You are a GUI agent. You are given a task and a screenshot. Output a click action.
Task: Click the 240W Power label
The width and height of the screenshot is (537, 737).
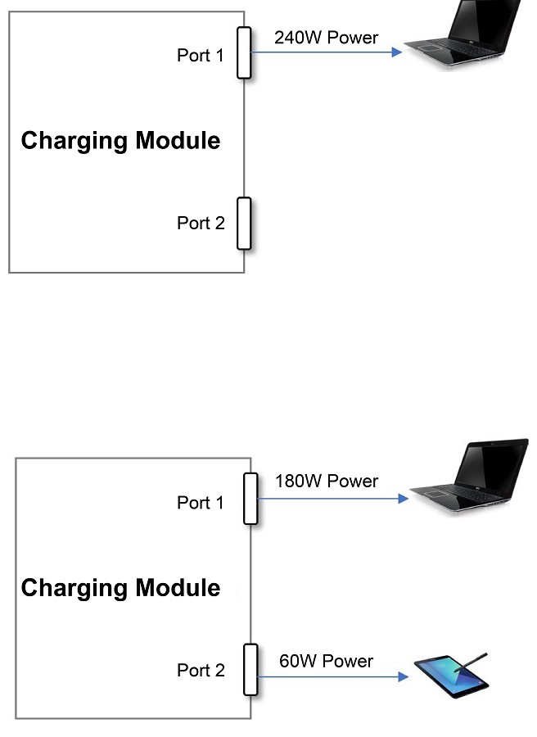click(x=326, y=38)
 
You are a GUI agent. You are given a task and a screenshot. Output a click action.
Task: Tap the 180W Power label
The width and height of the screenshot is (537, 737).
click(x=326, y=482)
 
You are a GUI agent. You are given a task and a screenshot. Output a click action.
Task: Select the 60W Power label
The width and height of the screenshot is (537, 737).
click(x=326, y=661)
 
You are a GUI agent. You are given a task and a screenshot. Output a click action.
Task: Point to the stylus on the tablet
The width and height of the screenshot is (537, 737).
click(x=472, y=663)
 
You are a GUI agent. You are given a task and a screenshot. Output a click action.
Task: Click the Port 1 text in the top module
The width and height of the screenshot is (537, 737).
click(x=200, y=56)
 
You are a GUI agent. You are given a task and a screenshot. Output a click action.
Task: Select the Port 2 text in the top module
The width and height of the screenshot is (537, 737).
click(x=201, y=223)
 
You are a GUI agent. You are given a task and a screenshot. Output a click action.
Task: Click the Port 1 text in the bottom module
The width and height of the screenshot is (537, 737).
click(x=200, y=503)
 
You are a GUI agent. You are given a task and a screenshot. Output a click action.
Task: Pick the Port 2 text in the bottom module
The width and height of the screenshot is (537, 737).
click(x=201, y=671)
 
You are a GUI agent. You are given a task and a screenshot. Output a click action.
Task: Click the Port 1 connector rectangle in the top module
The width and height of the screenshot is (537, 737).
click(x=243, y=52)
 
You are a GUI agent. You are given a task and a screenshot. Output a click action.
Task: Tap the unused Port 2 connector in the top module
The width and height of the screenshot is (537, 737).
click(x=243, y=223)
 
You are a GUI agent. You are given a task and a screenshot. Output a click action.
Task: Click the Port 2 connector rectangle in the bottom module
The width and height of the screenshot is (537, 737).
click(x=250, y=669)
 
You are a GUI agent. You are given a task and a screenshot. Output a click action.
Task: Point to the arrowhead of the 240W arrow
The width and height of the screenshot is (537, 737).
click(x=397, y=52)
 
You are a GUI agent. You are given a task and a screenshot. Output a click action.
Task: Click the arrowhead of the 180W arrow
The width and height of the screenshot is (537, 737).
click(x=403, y=498)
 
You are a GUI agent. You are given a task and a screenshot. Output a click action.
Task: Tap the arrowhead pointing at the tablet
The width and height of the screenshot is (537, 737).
click(x=403, y=677)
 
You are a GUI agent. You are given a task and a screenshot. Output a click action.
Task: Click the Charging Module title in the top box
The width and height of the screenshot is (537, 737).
click(x=120, y=141)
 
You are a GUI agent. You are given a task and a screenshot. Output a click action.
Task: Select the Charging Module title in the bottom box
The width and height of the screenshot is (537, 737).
click(x=120, y=588)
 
